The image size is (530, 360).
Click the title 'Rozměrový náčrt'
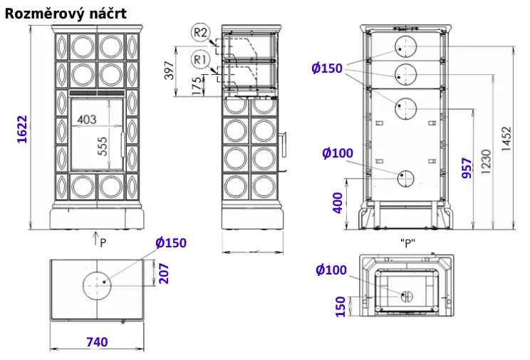point(66,14)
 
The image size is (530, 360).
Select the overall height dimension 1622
point(22,130)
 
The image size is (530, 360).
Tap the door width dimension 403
point(87,120)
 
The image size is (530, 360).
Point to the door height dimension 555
point(103,146)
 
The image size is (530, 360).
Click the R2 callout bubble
point(200,33)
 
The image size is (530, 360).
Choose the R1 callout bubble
point(200,60)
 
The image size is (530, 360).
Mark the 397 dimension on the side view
point(169,71)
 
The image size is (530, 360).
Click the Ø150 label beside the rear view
point(327,68)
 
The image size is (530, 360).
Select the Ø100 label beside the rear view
point(338,153)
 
